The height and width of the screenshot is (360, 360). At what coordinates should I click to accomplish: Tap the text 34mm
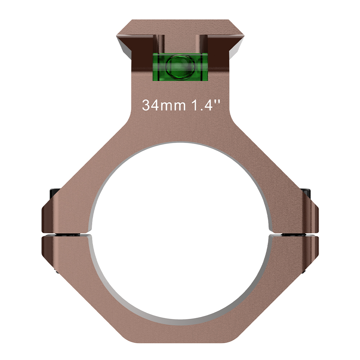pos(164,105)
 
